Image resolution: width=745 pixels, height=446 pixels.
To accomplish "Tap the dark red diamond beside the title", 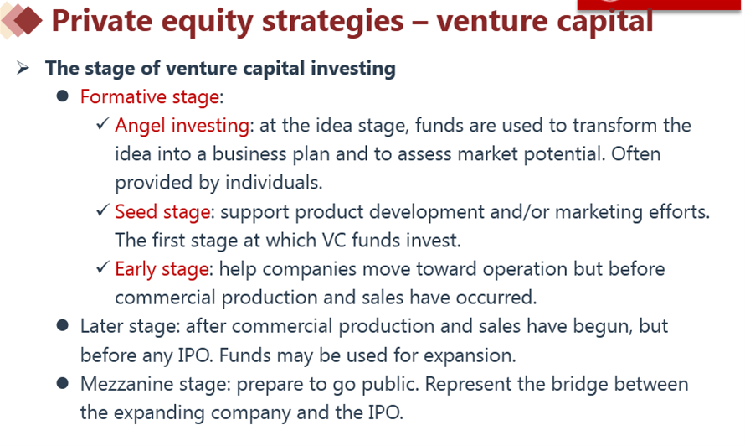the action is [28, 20].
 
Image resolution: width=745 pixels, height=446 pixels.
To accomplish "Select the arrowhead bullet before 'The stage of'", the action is [23, 68].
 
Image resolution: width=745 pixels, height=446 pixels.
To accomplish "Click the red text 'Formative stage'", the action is [150, 97].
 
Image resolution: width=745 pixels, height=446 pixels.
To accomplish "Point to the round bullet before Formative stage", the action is [62, 96].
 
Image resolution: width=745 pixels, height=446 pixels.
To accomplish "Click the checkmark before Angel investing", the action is [103, 123].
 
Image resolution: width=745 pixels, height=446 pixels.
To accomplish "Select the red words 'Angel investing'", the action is [182, 126].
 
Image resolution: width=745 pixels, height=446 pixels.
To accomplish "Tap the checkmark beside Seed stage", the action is [103, 210].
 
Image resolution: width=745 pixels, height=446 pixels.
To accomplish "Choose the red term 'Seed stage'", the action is [162, 212].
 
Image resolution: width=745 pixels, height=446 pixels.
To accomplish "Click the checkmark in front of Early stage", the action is [103, 267].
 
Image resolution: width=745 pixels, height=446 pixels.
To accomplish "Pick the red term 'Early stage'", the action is [162, 269].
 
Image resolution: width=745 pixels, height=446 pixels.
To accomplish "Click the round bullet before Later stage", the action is [62, 325].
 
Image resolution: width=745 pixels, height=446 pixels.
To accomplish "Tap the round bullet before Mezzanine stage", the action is [62, 383].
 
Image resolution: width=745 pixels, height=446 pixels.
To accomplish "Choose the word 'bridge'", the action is [579, 385].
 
